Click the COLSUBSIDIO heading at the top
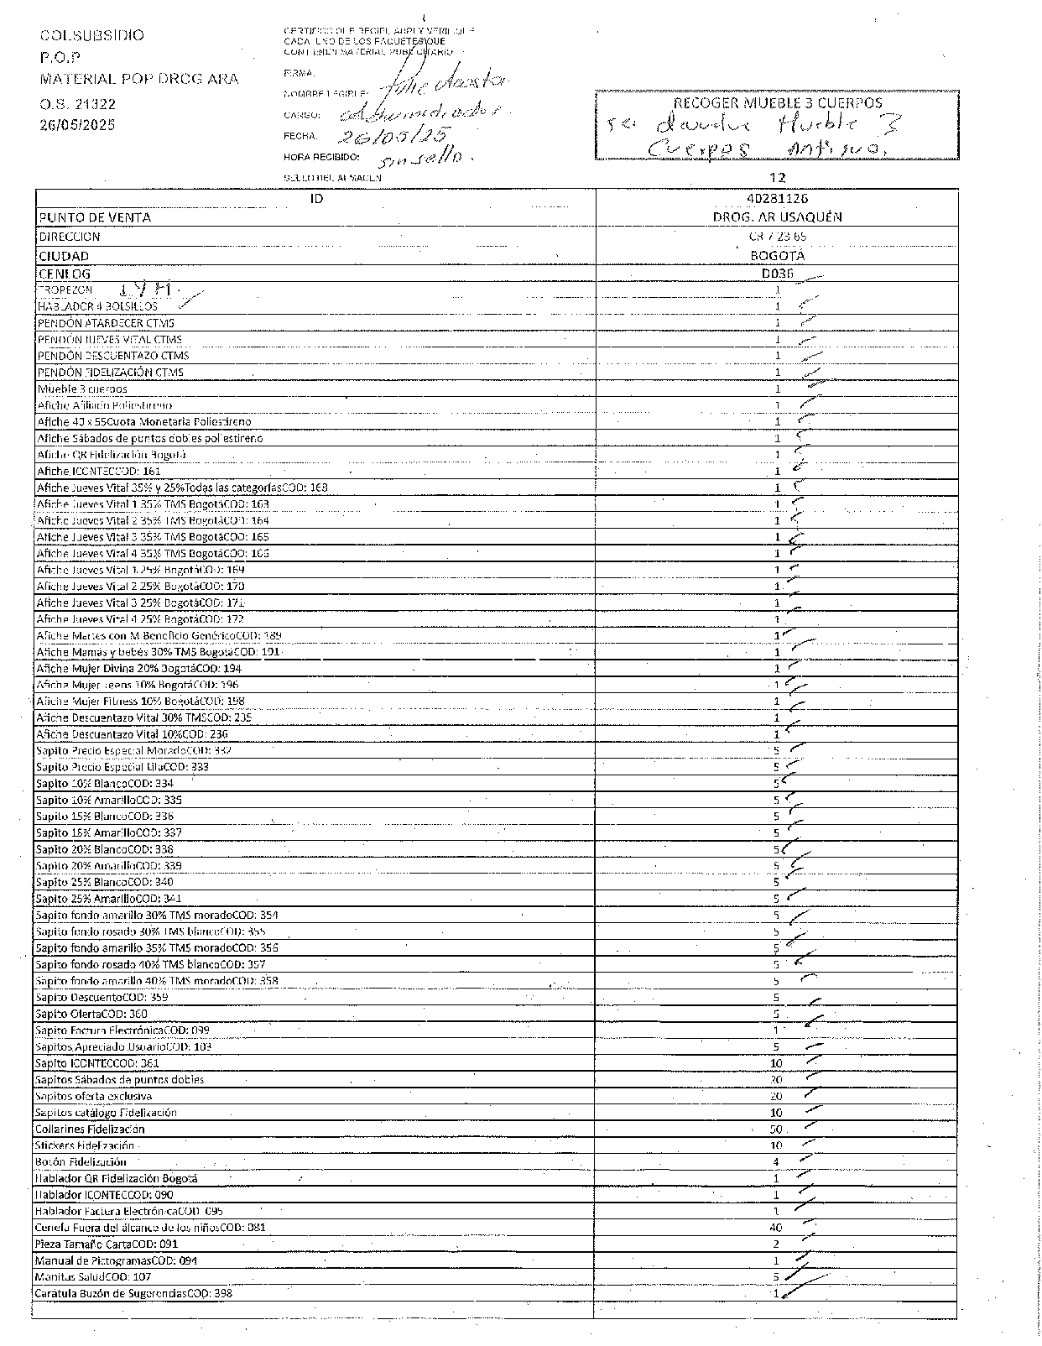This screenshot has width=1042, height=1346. click(92, 35)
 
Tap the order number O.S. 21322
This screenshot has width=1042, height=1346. click(77, 104)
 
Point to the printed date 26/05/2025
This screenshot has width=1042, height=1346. click(77, 125)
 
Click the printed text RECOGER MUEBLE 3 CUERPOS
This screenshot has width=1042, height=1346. click(778, 103)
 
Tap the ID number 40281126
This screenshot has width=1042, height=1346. click(777, 199)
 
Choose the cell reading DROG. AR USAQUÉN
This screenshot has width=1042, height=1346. click(777, 217)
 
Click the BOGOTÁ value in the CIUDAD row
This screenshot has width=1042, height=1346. click(777, 255)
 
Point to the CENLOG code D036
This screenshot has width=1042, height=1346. click(777, 274)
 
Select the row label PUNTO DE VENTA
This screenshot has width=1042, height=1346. click(95, 217)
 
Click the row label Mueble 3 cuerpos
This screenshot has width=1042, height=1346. click(82, 389)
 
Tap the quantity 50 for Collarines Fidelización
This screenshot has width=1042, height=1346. click(776, 1129)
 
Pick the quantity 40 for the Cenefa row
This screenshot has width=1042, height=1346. click(776, 1228)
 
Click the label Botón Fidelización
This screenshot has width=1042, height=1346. click(81, 1162)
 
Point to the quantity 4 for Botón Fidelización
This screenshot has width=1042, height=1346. click(776, 1162)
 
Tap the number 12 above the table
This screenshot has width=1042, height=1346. click(777, 177)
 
